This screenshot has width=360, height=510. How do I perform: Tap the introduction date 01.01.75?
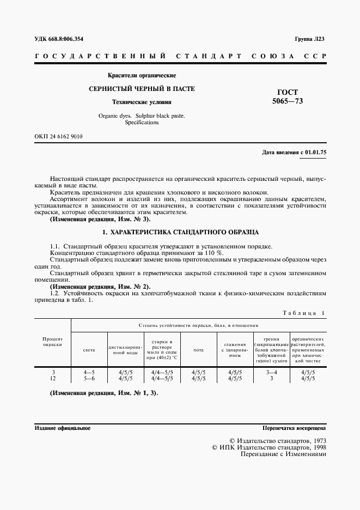tap(316, 153)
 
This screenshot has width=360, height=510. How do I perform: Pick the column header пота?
tap(198, 349)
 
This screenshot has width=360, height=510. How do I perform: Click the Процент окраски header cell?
tap(53, 342)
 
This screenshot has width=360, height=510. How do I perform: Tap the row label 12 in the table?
tap(53, 378)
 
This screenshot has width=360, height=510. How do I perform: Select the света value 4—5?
tap(89, 372)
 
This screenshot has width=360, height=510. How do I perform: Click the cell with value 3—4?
tap(271, 372)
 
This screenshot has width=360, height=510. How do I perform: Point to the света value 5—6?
tap(89, 378)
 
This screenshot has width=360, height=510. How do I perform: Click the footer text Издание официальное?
tap(63, 428)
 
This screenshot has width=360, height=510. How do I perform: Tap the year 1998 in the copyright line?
tap(316, 447)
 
